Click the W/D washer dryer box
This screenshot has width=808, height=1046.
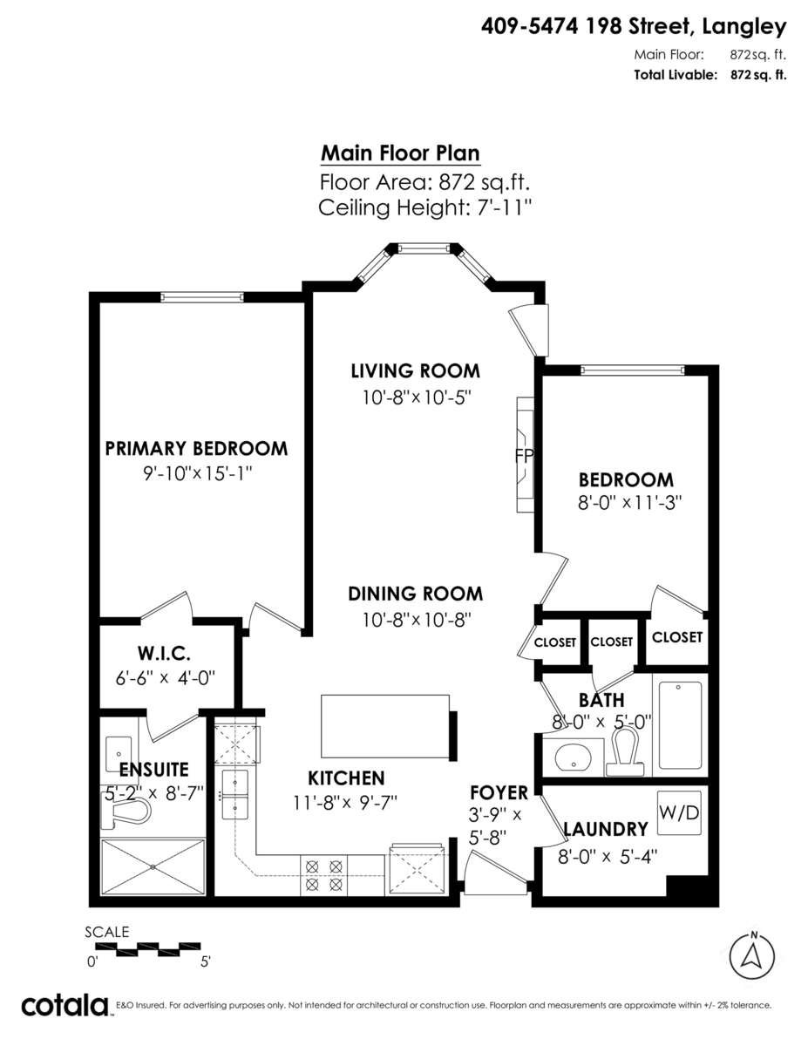(678, 813)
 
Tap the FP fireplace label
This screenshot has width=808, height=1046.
(524, 456)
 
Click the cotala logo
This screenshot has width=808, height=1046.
(65, 1005)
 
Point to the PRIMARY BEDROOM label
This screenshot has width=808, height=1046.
(196, 449)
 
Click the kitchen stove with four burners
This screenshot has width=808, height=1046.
(323, 875)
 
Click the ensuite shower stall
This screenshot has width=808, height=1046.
(153, 866)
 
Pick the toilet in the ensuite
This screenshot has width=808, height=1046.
(127, 812)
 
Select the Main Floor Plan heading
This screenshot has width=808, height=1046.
(400, 153)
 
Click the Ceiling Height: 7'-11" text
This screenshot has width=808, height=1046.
(424, 208)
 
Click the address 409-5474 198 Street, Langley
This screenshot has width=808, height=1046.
(634, 27)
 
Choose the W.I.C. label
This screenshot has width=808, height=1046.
(164, 653)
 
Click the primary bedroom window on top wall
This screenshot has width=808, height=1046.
(201, 297)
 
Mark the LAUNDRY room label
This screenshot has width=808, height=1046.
(605, 829)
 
